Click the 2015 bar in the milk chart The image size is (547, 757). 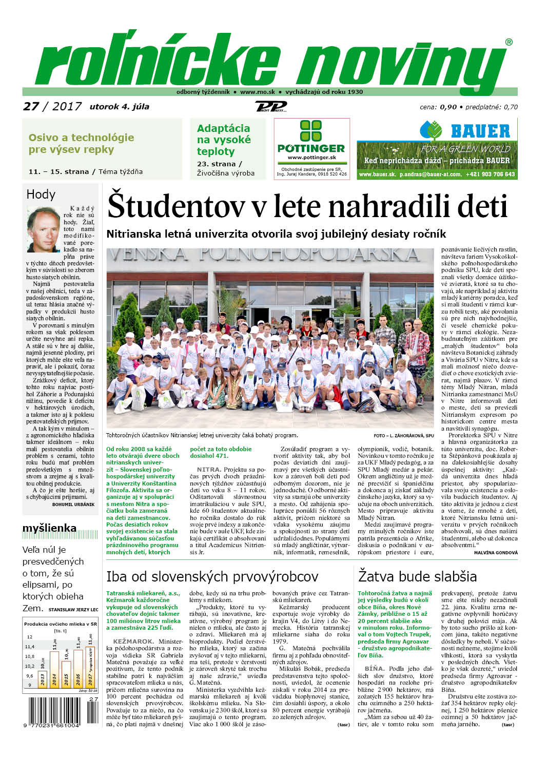66,673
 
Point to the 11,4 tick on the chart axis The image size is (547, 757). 30,647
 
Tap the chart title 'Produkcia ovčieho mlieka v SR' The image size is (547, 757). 60,624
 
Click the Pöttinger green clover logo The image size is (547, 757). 311,131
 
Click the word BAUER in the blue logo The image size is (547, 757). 480,131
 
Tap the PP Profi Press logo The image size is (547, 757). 270,107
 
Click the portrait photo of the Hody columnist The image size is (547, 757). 44,229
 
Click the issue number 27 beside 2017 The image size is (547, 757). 31,106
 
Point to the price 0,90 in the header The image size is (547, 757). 448,107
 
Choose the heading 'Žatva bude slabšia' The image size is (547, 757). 417,576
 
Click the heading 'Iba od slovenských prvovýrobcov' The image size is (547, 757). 212,576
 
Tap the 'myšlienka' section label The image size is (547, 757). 49,528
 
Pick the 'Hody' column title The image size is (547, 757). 41,194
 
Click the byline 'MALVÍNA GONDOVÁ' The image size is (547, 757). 496,552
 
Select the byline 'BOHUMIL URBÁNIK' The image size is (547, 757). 73,504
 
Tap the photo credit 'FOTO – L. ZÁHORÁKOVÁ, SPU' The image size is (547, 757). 403,436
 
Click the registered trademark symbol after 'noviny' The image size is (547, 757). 509,42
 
